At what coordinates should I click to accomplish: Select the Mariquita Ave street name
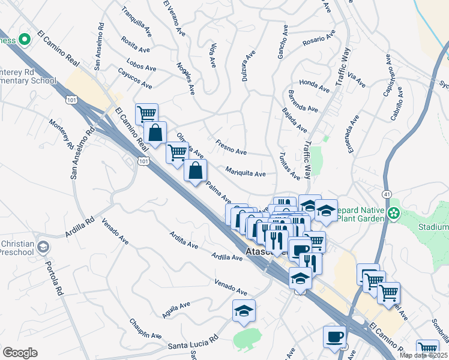[246, 173]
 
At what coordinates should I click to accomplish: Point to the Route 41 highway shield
[387, 194]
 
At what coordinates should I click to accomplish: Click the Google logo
[20, 353]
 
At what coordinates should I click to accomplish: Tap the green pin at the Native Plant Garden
[394, 213]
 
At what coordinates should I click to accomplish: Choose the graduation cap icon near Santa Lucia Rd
[244, 311]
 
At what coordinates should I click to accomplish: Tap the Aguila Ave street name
[175, 310]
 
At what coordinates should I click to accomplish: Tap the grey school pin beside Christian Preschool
[43, 247]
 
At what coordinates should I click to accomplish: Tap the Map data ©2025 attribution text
[424, 355]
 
